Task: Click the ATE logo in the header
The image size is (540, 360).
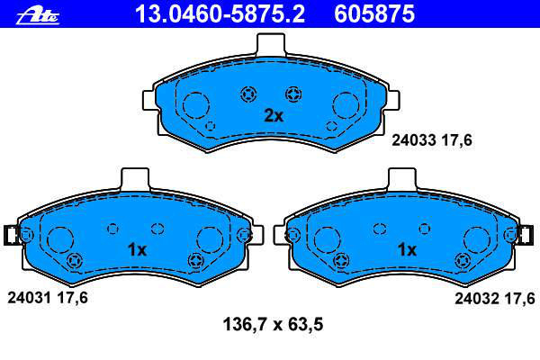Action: pos(38,16)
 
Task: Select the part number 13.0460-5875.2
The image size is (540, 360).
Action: pos(220,14)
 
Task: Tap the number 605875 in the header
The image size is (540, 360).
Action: pos(374,14)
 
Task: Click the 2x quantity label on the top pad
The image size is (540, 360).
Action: pos(274,116)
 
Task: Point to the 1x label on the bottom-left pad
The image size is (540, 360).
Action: pos(137,249)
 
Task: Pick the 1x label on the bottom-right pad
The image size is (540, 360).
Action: pos(407,249)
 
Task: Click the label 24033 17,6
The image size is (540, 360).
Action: pos(432,140)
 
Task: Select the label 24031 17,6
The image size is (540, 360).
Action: pos(48,298)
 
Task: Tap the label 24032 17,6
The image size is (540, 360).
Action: pos(495,298)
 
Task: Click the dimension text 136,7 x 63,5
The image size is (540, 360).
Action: pos(273,324)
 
